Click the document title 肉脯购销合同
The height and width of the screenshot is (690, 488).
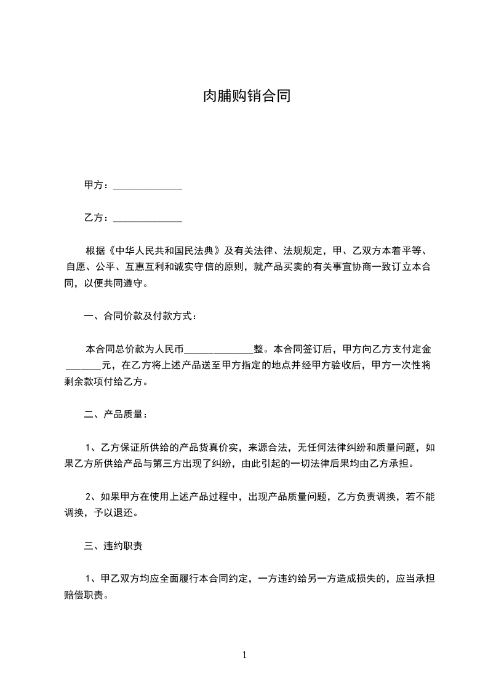[246, 97]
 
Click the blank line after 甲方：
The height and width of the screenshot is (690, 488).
[148, 186]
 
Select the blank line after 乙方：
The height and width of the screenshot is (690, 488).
[148, 218]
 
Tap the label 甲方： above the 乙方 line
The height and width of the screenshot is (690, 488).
[97, 185]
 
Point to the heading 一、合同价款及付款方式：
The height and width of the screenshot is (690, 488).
[141, 316]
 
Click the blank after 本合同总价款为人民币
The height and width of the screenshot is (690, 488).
[218, 349]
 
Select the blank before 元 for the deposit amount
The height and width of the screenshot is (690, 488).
[83, 365]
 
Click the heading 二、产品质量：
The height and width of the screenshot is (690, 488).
[116, 414]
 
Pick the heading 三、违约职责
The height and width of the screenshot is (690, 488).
[114, 545]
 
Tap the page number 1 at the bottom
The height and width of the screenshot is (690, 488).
[244, 655]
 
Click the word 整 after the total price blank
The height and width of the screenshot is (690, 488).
[258, 349]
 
